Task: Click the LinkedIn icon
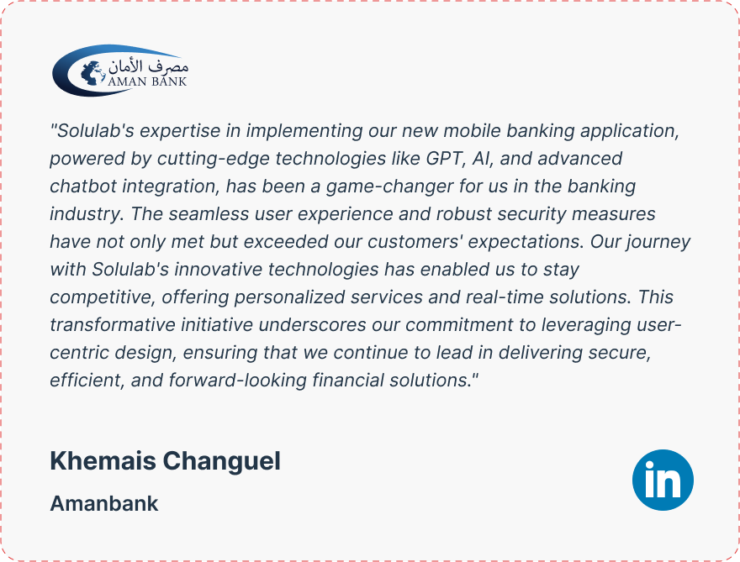pyautogui.click(x=663, y=480)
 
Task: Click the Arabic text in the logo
pyautogui.click(x=148, y=66)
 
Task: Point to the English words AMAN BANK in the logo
pyautogui.click(x=147, y=81)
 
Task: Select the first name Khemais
pyautogui.click(x=103, y=460)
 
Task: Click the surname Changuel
pyautogui.click(x=222, y=460)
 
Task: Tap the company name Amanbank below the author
pyautogui.click(x=104, y=503)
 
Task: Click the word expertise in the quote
pyautogui.click(x=180, y=131)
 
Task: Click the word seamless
pyautogui.click(x=209, y=214)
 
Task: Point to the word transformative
pyautogui.click(x=113, y=325)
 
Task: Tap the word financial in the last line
pyautogui.click(x=348, y=381)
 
